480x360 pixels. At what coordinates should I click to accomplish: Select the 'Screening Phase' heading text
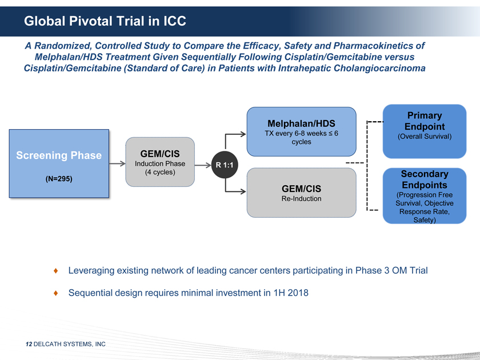[x=59, y=155]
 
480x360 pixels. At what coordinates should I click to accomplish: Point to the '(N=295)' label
[x=58, y=179]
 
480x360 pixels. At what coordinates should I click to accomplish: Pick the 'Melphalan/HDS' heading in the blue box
[x=301, y=123]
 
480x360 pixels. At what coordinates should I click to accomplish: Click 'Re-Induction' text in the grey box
[x=301, y=199]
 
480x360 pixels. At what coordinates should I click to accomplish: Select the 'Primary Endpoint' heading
[x=425, y=121]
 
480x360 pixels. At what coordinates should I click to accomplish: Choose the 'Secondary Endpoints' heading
[x=425, y=179]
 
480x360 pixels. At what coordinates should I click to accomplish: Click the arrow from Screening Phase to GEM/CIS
[x=117, y=164]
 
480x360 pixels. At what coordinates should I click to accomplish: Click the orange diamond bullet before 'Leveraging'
[x=55, y=270]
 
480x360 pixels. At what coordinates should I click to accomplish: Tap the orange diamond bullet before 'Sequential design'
[x=55, y=293]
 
